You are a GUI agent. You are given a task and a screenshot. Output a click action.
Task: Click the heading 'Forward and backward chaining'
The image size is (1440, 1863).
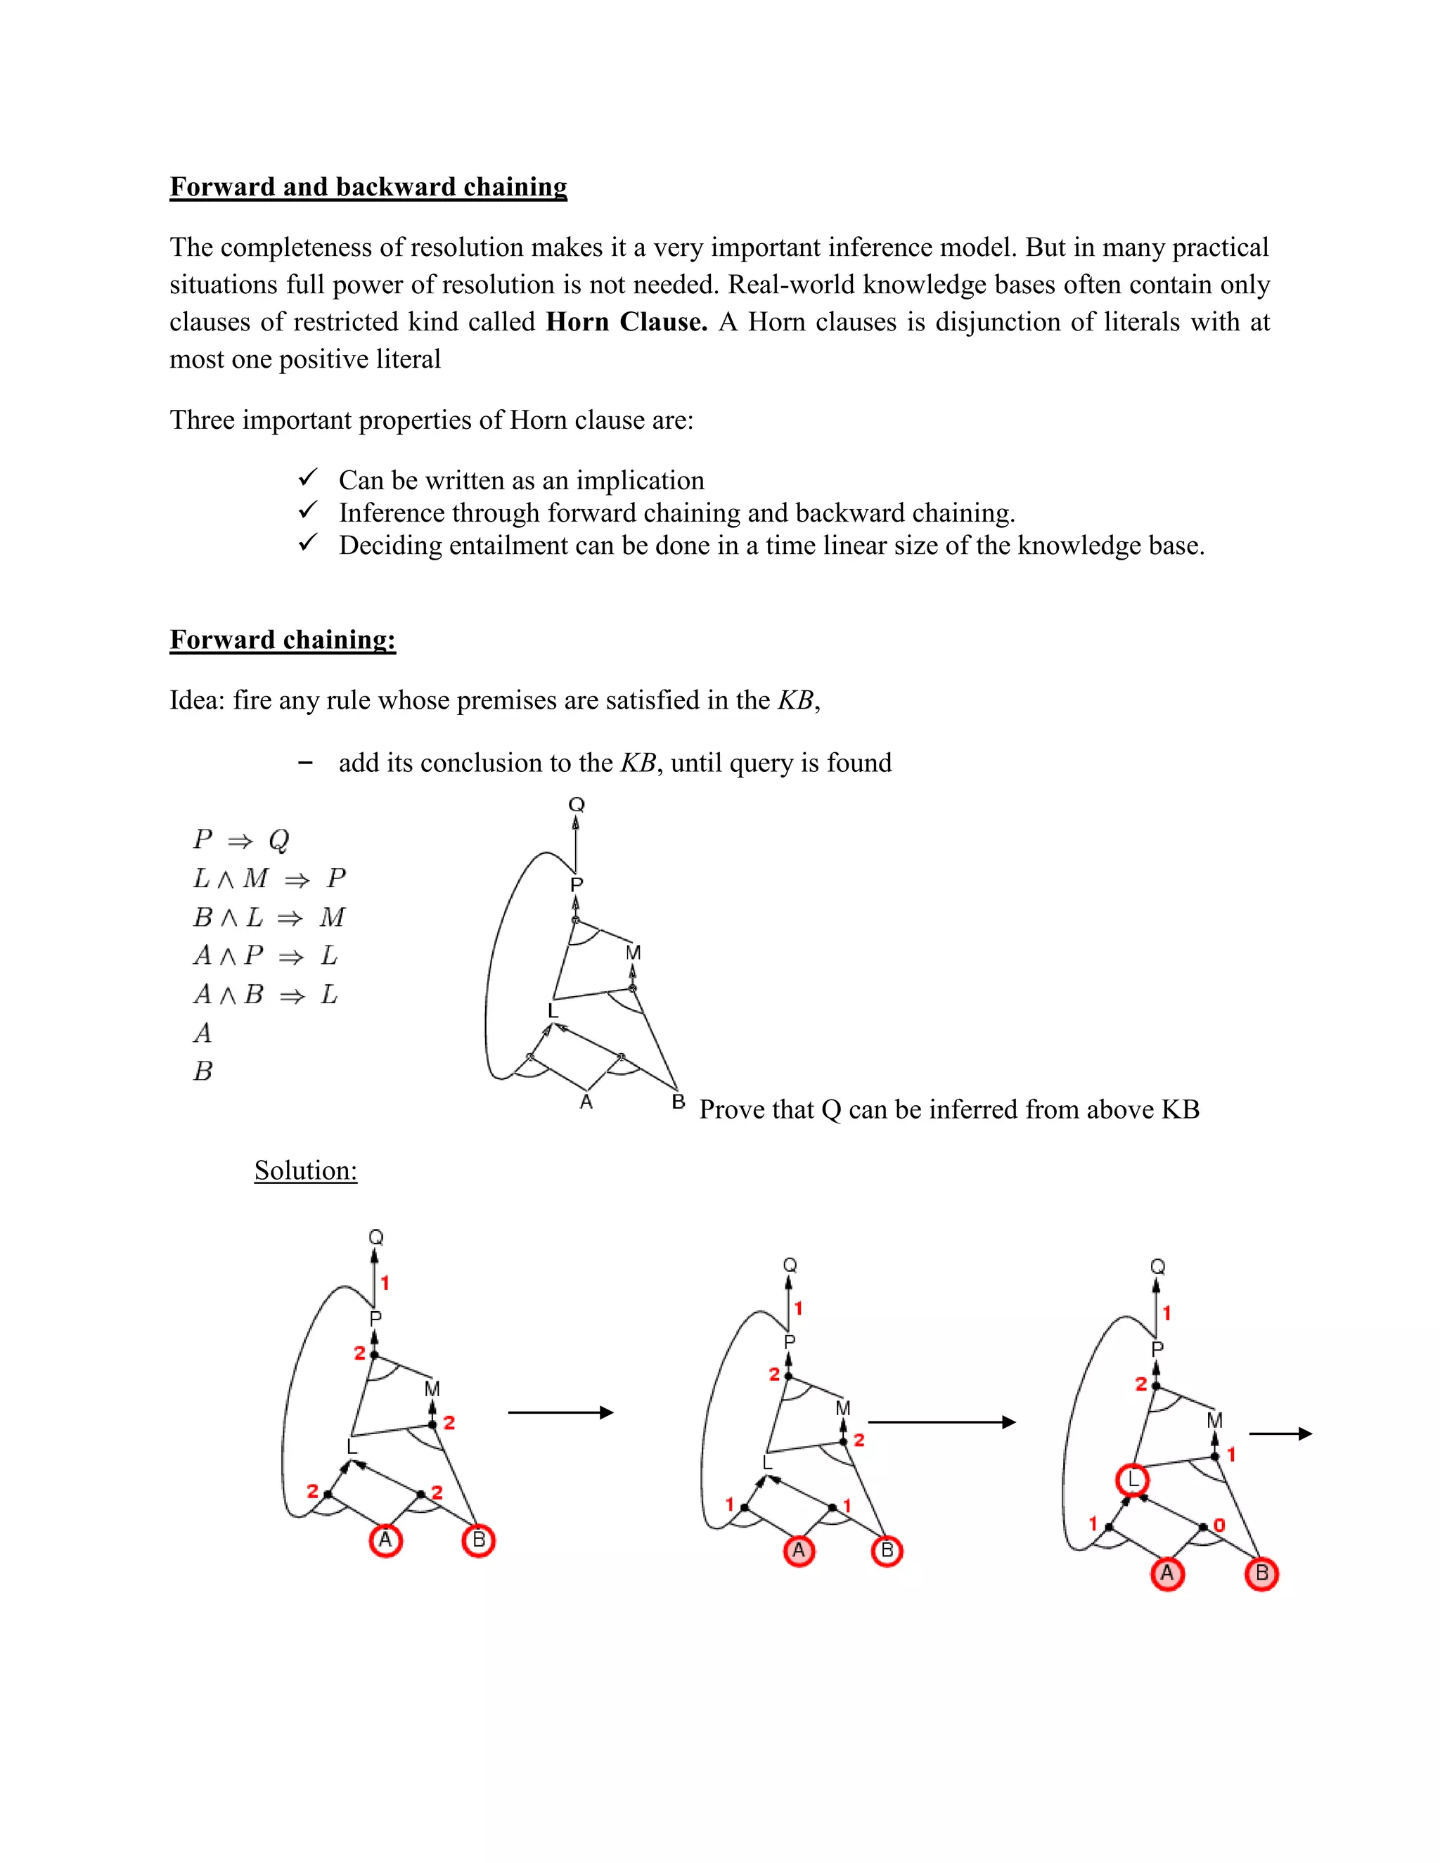(368, 187)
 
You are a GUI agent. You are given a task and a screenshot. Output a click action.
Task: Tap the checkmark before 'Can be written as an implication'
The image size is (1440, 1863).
(308, 477)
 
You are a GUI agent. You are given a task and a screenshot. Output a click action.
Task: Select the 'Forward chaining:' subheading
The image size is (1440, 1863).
(283, 640)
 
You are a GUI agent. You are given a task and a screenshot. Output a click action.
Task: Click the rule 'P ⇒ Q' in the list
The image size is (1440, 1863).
(241, 840)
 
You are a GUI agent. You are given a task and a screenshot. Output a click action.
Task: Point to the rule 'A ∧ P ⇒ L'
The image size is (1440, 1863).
(265, 956)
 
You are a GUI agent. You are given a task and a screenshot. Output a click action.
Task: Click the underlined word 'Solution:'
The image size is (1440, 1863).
(305, 1171)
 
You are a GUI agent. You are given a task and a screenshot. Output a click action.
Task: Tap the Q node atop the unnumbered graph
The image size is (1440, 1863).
(577, 804)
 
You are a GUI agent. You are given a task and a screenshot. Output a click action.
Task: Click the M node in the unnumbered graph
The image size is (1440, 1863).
(633, 953)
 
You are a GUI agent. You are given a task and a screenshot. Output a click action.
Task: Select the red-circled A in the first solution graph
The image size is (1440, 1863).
(385, 1540)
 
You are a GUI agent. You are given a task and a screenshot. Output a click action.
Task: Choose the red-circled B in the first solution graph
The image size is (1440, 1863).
(479, 1540)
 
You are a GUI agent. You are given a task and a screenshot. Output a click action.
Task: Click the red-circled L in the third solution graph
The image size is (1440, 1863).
(1133, 1480)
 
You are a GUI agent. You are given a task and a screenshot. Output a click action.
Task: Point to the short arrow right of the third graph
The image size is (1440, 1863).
(1280, 1435)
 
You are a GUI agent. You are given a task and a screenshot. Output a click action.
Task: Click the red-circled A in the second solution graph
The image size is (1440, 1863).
(799, 1551)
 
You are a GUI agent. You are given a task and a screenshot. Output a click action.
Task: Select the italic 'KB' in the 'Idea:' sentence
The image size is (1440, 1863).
(796, 701)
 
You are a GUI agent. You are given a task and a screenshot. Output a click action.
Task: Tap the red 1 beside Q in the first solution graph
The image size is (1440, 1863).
(385, 1283)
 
